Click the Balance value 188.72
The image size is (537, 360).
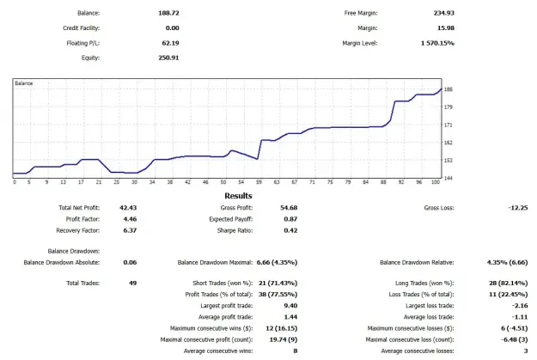click(x=168, y=13)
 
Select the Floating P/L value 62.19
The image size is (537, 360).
click(x=170, y=43)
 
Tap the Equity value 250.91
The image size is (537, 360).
click(x=168, y=58)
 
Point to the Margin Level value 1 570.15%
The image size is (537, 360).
click(x=437, y=43)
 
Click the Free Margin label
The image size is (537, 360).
click(x=361, y=13)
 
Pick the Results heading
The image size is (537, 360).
click(x=238, y=196)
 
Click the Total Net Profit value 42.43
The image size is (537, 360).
click(x=128, y=208)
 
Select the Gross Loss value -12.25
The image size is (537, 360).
click(x=518, y=208)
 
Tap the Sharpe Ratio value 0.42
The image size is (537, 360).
click(x=290, y=230)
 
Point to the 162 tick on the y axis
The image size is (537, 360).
click(x=448, y=143)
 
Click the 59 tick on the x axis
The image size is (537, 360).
click(x=259, y=182)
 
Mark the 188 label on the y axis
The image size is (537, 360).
click(x=448, y=89)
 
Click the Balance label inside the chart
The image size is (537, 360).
click(x=24, y=83)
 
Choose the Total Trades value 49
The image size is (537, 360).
click(x=132, y=283)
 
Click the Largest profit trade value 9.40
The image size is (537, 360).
click(x=290, y=306)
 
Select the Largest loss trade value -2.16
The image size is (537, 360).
click(x=520, y=306)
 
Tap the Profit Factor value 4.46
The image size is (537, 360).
click(x=130, y=219)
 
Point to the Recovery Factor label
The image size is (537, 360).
click(x=77, y=230)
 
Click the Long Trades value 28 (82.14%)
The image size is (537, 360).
click(x=509, y=283)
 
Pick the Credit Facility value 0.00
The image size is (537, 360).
click(x=172, y=28)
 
